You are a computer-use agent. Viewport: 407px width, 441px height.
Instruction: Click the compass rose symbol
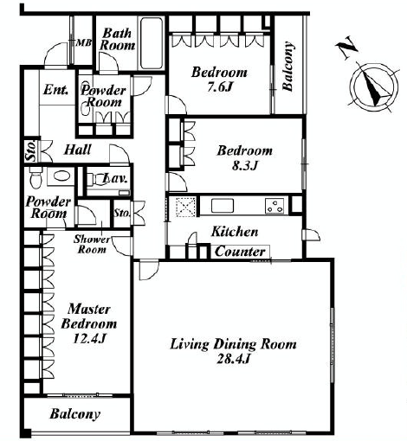(373, 86)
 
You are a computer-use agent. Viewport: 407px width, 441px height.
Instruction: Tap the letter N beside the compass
(346, 48)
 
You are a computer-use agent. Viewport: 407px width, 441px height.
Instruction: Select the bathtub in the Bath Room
(152, 43)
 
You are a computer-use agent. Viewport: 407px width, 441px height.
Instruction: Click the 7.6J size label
(220, 86)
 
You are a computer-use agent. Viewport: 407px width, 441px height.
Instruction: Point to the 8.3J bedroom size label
(245, 165)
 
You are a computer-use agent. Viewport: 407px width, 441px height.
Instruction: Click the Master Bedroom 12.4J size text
(88, 338)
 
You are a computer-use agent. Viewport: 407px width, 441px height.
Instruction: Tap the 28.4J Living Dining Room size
(233, 359)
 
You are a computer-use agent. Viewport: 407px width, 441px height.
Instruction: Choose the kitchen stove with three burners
(275, 206)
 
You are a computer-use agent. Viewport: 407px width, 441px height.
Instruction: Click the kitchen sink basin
(223, 206)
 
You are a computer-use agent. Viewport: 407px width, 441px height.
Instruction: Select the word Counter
(240, 252)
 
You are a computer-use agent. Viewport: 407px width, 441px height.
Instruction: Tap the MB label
(84, 43)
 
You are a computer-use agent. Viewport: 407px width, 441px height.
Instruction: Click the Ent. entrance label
(56, 90)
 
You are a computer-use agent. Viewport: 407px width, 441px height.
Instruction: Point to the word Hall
(77, 150)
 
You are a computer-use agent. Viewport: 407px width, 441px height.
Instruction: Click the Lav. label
(115, 178)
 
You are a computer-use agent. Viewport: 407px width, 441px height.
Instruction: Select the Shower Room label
(92, 244)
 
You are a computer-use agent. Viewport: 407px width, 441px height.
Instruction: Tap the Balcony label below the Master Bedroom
(75, 414)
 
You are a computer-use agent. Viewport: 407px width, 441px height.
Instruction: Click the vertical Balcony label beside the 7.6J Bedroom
(287, 67)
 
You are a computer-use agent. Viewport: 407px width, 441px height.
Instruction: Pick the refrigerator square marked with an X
(186, 206)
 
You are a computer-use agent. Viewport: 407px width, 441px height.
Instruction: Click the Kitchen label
(235, 232)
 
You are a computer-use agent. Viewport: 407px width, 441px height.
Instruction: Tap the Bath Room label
(118, 39)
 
